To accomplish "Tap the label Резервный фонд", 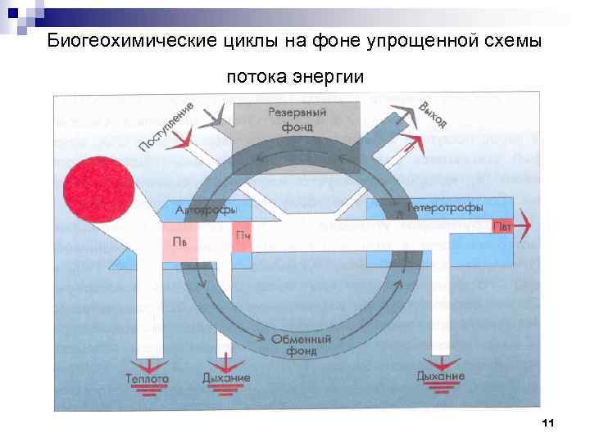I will (x=297, y=121).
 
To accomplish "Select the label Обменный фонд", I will (x=302, y=345).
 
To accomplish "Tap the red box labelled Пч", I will (x=243, y=237).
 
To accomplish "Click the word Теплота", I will (x=147, y=379).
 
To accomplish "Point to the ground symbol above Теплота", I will (x=147, y=364).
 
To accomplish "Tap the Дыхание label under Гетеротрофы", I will (x=440, y=376).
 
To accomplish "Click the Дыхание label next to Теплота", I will (x=225, y=378).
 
